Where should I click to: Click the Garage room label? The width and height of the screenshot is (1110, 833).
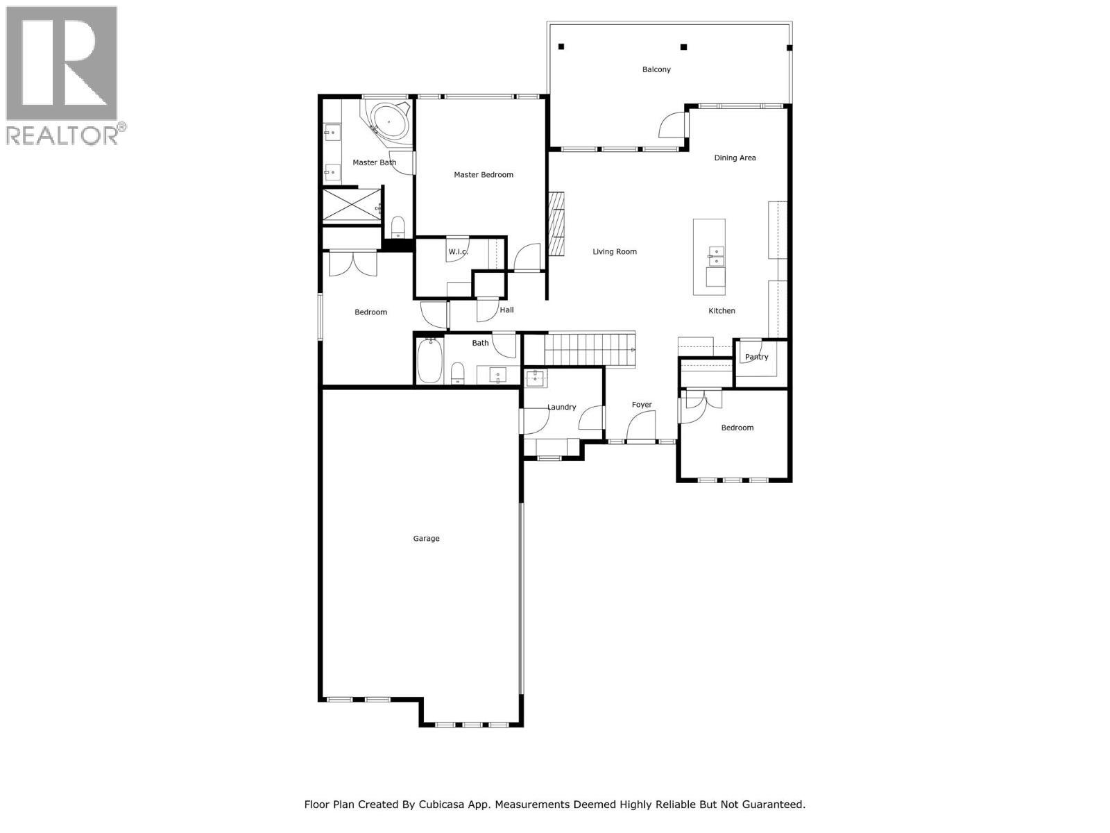click(426, 539)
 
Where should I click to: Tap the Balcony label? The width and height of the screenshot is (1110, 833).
click(656, 69)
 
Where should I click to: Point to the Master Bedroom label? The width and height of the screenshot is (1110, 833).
click(484, 175)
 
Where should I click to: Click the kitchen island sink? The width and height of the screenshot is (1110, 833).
click(715, 257)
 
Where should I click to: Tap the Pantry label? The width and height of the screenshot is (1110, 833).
click(756, 357)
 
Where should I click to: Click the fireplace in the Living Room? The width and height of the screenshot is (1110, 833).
click(556, 224)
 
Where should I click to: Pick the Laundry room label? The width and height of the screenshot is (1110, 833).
click(561, 407)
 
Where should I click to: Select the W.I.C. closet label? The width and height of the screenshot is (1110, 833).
click(458, 251)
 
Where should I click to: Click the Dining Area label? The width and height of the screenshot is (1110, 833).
click(735, 158)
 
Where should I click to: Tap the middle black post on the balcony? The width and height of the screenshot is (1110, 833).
click(683, 47)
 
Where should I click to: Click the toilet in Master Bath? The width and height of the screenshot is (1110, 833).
click(398, 226)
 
